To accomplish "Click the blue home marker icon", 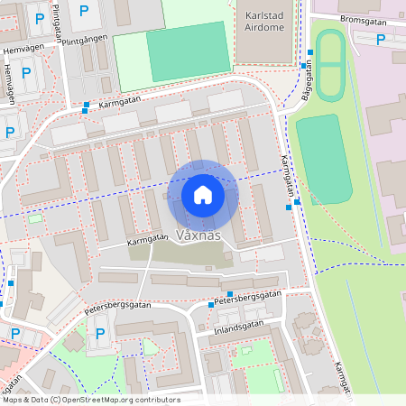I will tap(202, 195).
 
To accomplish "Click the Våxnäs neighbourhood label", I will tap(199, 235).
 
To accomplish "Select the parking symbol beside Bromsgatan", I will tap(381, 40).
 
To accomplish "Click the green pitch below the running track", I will tap(323, 158).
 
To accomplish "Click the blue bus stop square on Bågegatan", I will tap(309, 52).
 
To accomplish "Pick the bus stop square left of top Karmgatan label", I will tap(86, 106).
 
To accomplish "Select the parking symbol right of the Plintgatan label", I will tap(84, 11).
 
